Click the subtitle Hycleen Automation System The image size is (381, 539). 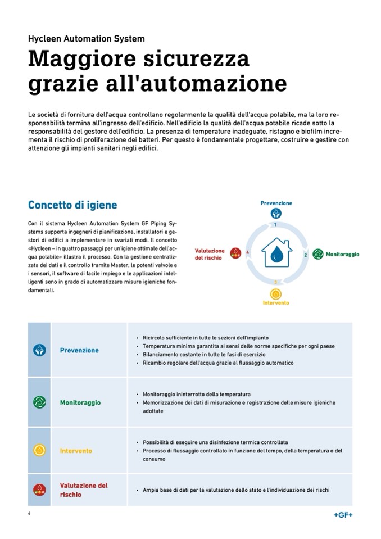pos(86,39)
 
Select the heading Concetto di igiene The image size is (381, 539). pos(72,205)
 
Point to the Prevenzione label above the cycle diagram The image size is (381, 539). pos(276,203)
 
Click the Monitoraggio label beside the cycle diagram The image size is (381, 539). pos(342,255)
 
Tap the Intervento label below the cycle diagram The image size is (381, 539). pos(276,303)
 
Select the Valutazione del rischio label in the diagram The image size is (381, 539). pos(210,254)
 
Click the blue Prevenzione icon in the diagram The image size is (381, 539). pos(276,214)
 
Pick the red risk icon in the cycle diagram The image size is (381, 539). pos(236,253)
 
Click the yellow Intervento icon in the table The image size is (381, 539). pos(39,451)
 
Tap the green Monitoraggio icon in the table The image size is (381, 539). pos(39,402)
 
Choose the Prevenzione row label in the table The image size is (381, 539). pos(79,350)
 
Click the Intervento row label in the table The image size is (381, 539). pos(76,451)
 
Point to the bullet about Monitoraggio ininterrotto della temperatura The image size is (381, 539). pos(197,395)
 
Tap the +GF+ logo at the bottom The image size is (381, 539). pos(343,515)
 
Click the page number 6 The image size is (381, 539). pos(29,514)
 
